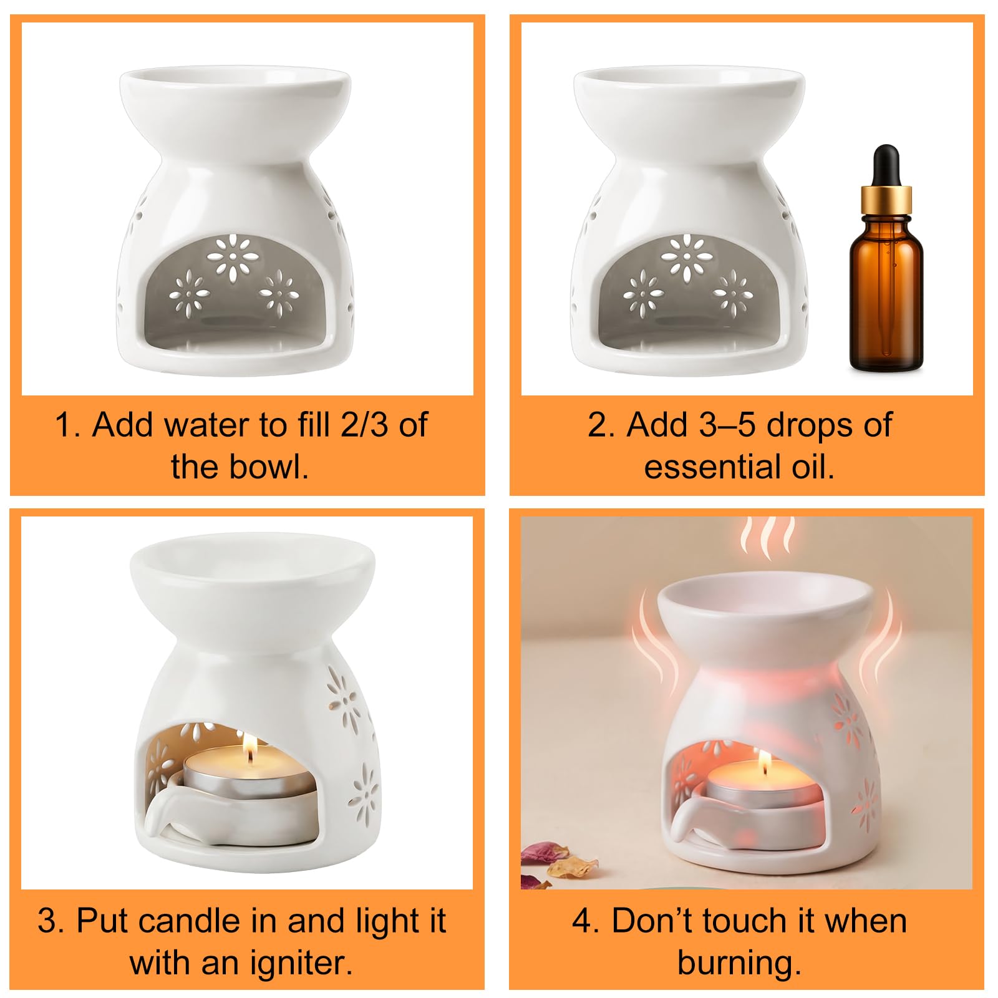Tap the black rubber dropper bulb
(x=886, y=165)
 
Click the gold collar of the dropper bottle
(x=886, y=199)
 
